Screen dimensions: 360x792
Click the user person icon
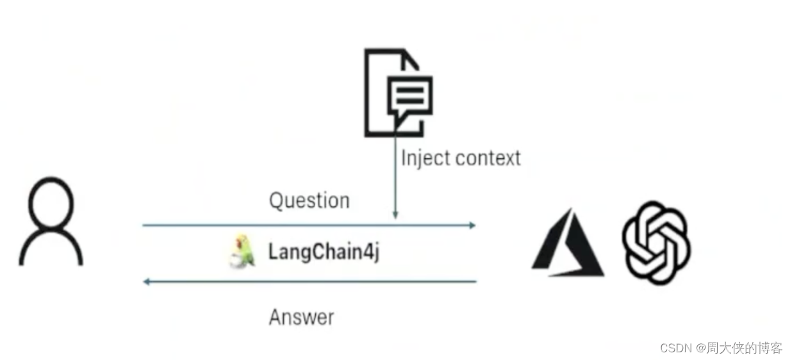click(51, 221)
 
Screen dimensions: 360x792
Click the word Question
click(309, 200)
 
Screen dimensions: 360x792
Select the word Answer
click(301, 317)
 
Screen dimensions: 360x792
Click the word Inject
click(424, 158)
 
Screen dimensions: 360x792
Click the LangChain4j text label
click(324, 252)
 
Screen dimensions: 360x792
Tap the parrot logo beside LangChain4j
click(242, 252)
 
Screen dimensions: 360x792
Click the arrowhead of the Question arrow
click(472, 225)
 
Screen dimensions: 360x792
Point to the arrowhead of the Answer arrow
click(147, 281)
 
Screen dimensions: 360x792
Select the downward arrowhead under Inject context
click(395, 215)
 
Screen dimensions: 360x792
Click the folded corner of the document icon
click(411, 59)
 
